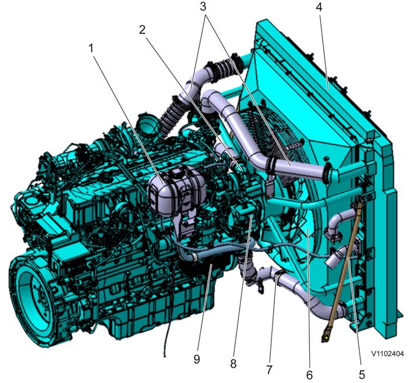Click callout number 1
91,49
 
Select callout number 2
142,30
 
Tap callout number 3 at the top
203,7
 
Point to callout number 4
319,8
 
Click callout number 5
362,375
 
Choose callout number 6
309,375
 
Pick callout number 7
270,370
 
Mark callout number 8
234,364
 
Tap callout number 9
197,359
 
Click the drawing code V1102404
388,354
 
